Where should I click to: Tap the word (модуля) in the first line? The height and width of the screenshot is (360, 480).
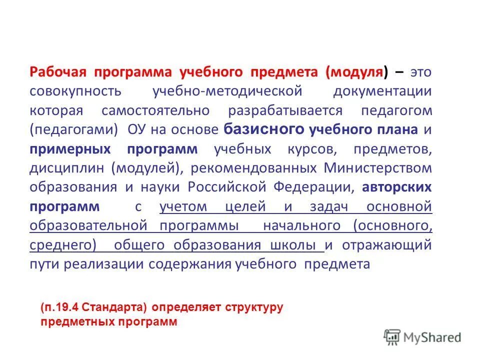click(357, 72)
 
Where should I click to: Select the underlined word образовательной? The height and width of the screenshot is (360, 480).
click(88, 226)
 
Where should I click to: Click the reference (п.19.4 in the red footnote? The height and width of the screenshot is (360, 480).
click(59, 307)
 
